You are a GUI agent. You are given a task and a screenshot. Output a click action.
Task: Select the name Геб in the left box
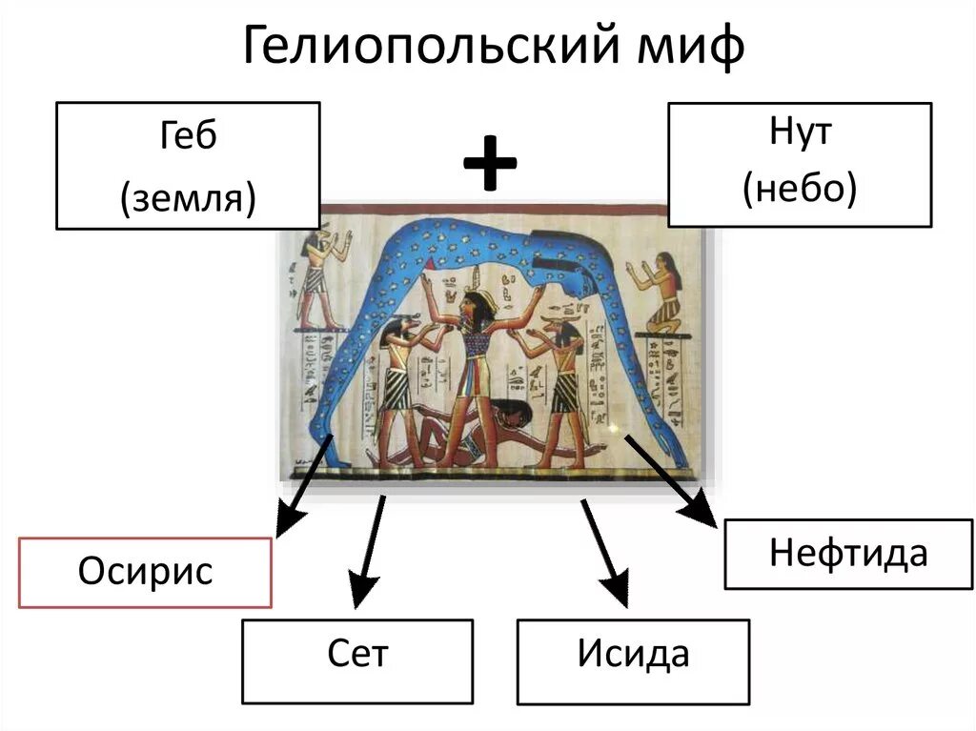188,136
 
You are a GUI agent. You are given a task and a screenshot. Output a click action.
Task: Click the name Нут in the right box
800,132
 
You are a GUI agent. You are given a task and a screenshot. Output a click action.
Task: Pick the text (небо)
800,191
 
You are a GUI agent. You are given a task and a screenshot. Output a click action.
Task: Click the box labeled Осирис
146,572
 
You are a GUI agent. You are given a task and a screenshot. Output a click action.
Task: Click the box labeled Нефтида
848,554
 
